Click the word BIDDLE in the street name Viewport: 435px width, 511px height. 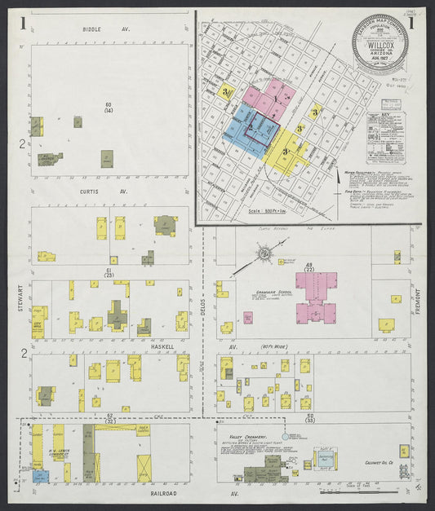pyautogui.click(x=94, y=29)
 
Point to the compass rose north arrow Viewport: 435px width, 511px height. pyautogui.click(x=264, y=255)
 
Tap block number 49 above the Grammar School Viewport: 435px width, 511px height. pyautogui.click(x=309, y=265)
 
